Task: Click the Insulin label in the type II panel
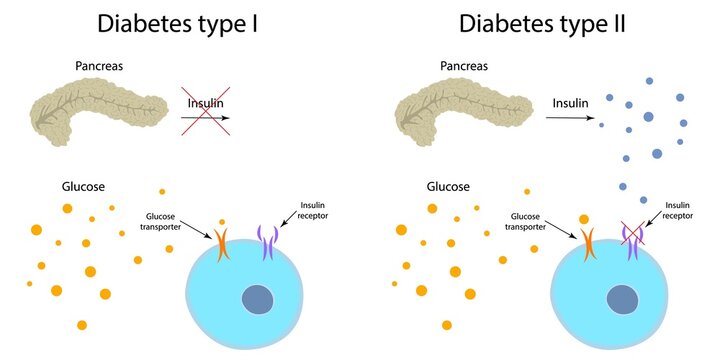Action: (x=571, y=102)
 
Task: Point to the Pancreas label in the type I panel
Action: (x=100, y=66)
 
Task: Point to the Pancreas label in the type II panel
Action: (x=466, y=66)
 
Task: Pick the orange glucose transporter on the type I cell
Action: (x=222, y=246)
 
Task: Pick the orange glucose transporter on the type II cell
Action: (x=588, y=246)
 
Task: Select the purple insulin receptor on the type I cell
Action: (x=267, y=243)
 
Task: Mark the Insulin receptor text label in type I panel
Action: (x=313, y=210)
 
